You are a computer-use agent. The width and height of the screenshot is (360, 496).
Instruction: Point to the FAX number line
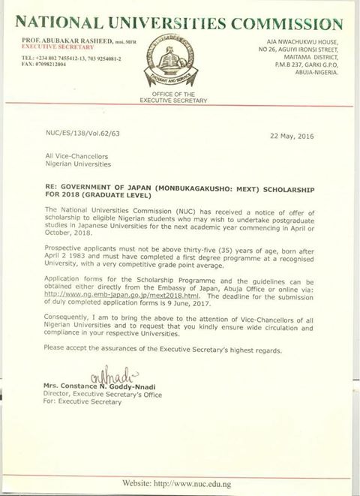(48, 65)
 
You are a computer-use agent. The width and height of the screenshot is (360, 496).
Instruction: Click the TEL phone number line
(66, 58)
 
